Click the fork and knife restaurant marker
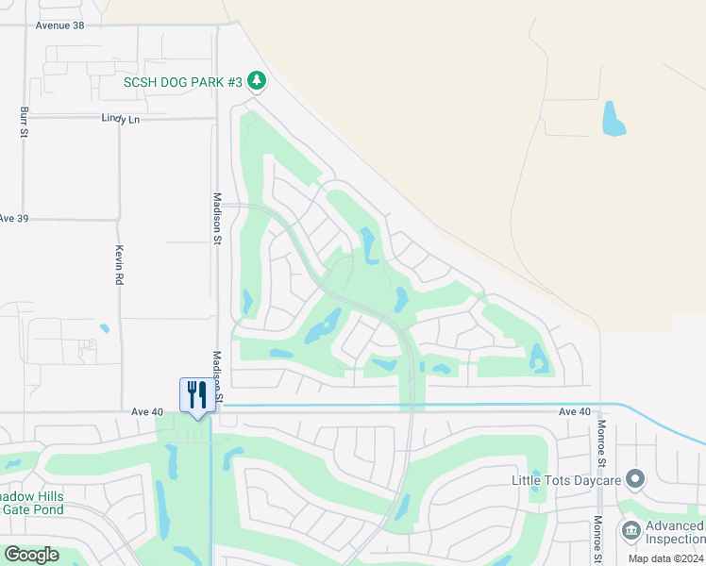(x=197, y=393)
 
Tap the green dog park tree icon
(x=257, y=83)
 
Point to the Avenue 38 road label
(x=59, y=25)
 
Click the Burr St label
(x=24, y=123)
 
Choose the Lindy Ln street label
(x=120, y=119)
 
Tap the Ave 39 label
(x=14, y=218)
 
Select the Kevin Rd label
(x=120, y=265)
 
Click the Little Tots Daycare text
(x=566, y=480)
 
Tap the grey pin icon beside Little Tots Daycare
(x=636, y=480)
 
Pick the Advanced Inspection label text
(x=674, y=533)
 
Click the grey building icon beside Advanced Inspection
(x=630, y=531)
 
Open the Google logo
(x=31, y=555)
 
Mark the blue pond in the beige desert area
(x=614, y=118)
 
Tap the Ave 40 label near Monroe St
(x=574, y=412)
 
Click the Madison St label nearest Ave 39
(x=217, y=220)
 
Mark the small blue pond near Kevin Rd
(x=104, y=329)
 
